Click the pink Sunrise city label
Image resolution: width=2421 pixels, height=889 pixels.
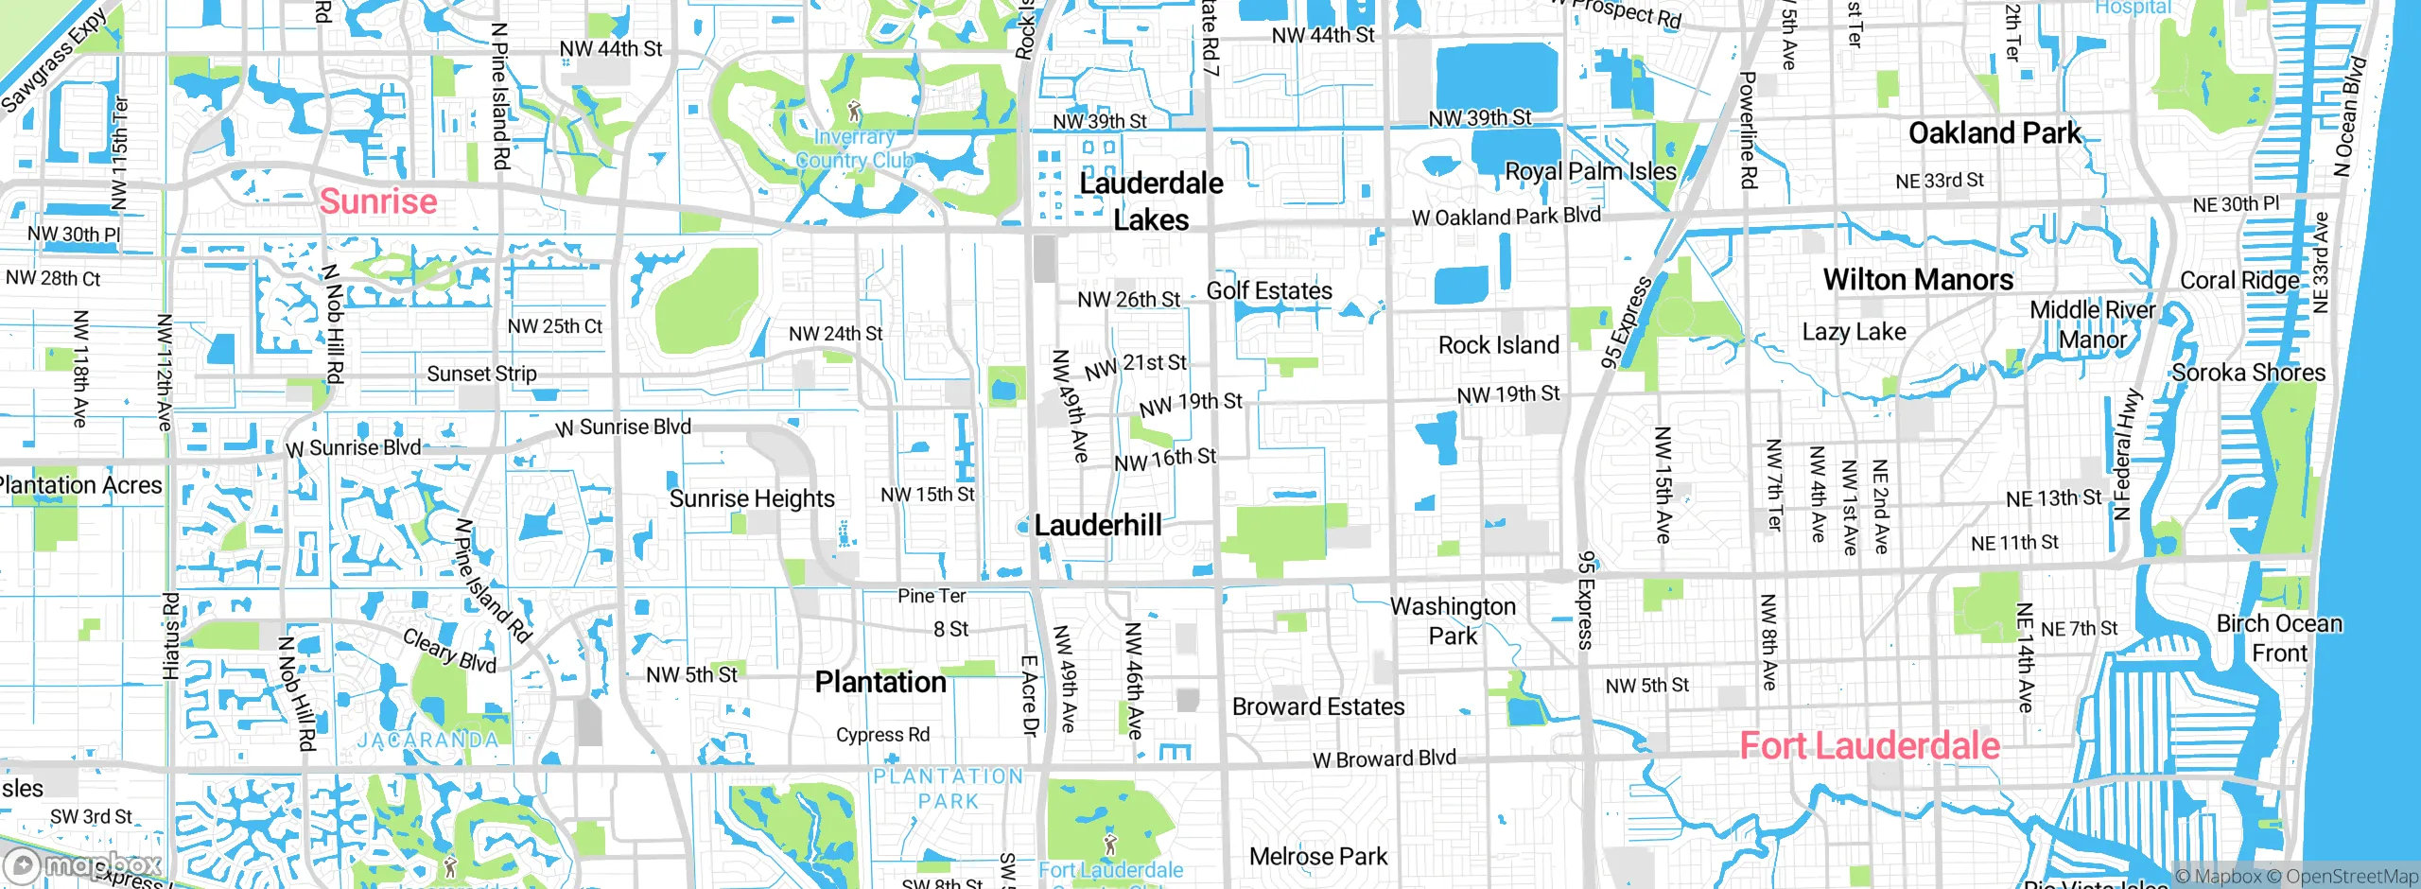tap(378, 201)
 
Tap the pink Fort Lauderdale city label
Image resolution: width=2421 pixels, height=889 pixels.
tap(1869, 746)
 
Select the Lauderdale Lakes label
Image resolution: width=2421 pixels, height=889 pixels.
tap(1151, 201)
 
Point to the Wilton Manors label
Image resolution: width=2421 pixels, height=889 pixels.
tap(1918, 280)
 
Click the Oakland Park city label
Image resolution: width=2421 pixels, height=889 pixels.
tap(1994, 133)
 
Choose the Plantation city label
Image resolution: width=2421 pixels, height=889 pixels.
tap(880, 682)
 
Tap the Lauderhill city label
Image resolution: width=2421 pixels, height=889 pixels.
tap(1097, 525)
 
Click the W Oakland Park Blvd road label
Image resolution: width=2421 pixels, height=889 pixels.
tap(1506, 217)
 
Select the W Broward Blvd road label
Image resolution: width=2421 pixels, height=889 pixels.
tap(1384, 759)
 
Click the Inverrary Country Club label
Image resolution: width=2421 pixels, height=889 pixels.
tap(854, 148)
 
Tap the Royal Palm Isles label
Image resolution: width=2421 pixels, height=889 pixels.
tap(1590, 172)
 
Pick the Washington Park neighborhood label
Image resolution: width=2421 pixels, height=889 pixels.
tap(1453, 620)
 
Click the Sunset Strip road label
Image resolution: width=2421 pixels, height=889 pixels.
tap(481, 374)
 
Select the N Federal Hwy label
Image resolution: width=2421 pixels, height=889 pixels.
tap(2125, 455)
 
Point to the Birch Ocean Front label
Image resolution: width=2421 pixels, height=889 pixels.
tap(2279, 638)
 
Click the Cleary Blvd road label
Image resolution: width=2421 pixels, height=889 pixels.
tap(449, 651)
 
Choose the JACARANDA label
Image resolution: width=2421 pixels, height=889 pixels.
tap(427, 740)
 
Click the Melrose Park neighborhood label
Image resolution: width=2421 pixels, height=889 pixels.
tap(1317, 857)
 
